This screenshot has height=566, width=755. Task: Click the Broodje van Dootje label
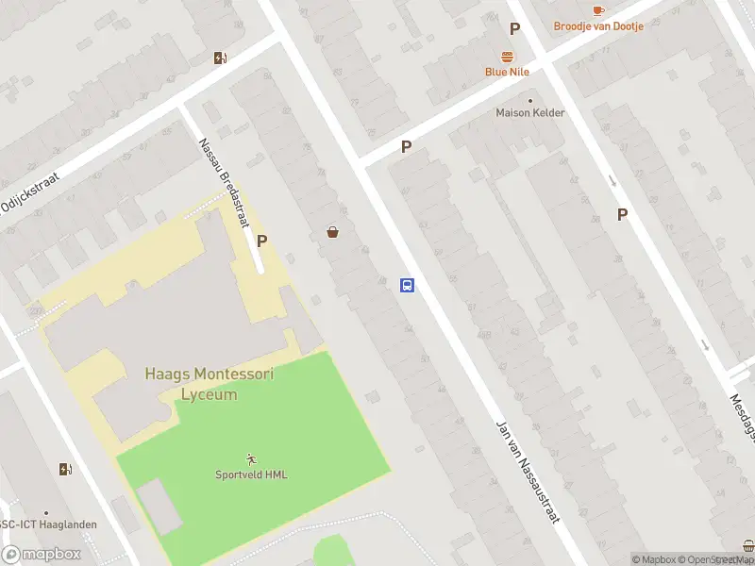pyautogui.click(x=598, y=26)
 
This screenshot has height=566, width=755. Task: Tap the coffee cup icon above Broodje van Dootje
pyautogui.click(x=598, y=10)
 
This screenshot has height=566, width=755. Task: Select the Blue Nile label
pyautogui.click(x=507, y=72)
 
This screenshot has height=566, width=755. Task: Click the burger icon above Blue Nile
pyautogui.click(x=507, y=56)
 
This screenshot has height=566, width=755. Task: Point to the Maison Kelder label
pyautogui.click(x=530, y=113)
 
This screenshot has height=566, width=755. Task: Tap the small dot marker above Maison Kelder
pyautogui.click(x=530, y=100)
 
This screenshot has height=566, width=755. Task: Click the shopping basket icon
pyautogui.click(x=332, y=232)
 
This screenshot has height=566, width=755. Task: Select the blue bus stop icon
pyautogui.click(x=407, y=285)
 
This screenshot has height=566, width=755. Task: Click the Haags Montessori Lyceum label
pyautogui.click(x=210, y=384)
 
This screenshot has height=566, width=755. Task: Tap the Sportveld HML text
pyautogui.click(x=250, y=474)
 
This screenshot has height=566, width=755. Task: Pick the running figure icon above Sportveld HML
pyautogui.click(x=250, y=459)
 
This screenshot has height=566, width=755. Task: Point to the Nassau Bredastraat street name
pyautogui.click(x=225, y=184)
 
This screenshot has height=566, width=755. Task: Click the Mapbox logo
pyautogui.click(x=42, y=555)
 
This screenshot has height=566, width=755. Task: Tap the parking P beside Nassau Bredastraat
pyautogui.click(x=262, y=241)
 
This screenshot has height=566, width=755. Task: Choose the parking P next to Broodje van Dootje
pyautogui.click(x=514, y=29)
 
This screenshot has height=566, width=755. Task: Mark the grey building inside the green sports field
pyautogui.click(x=159, y=506)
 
